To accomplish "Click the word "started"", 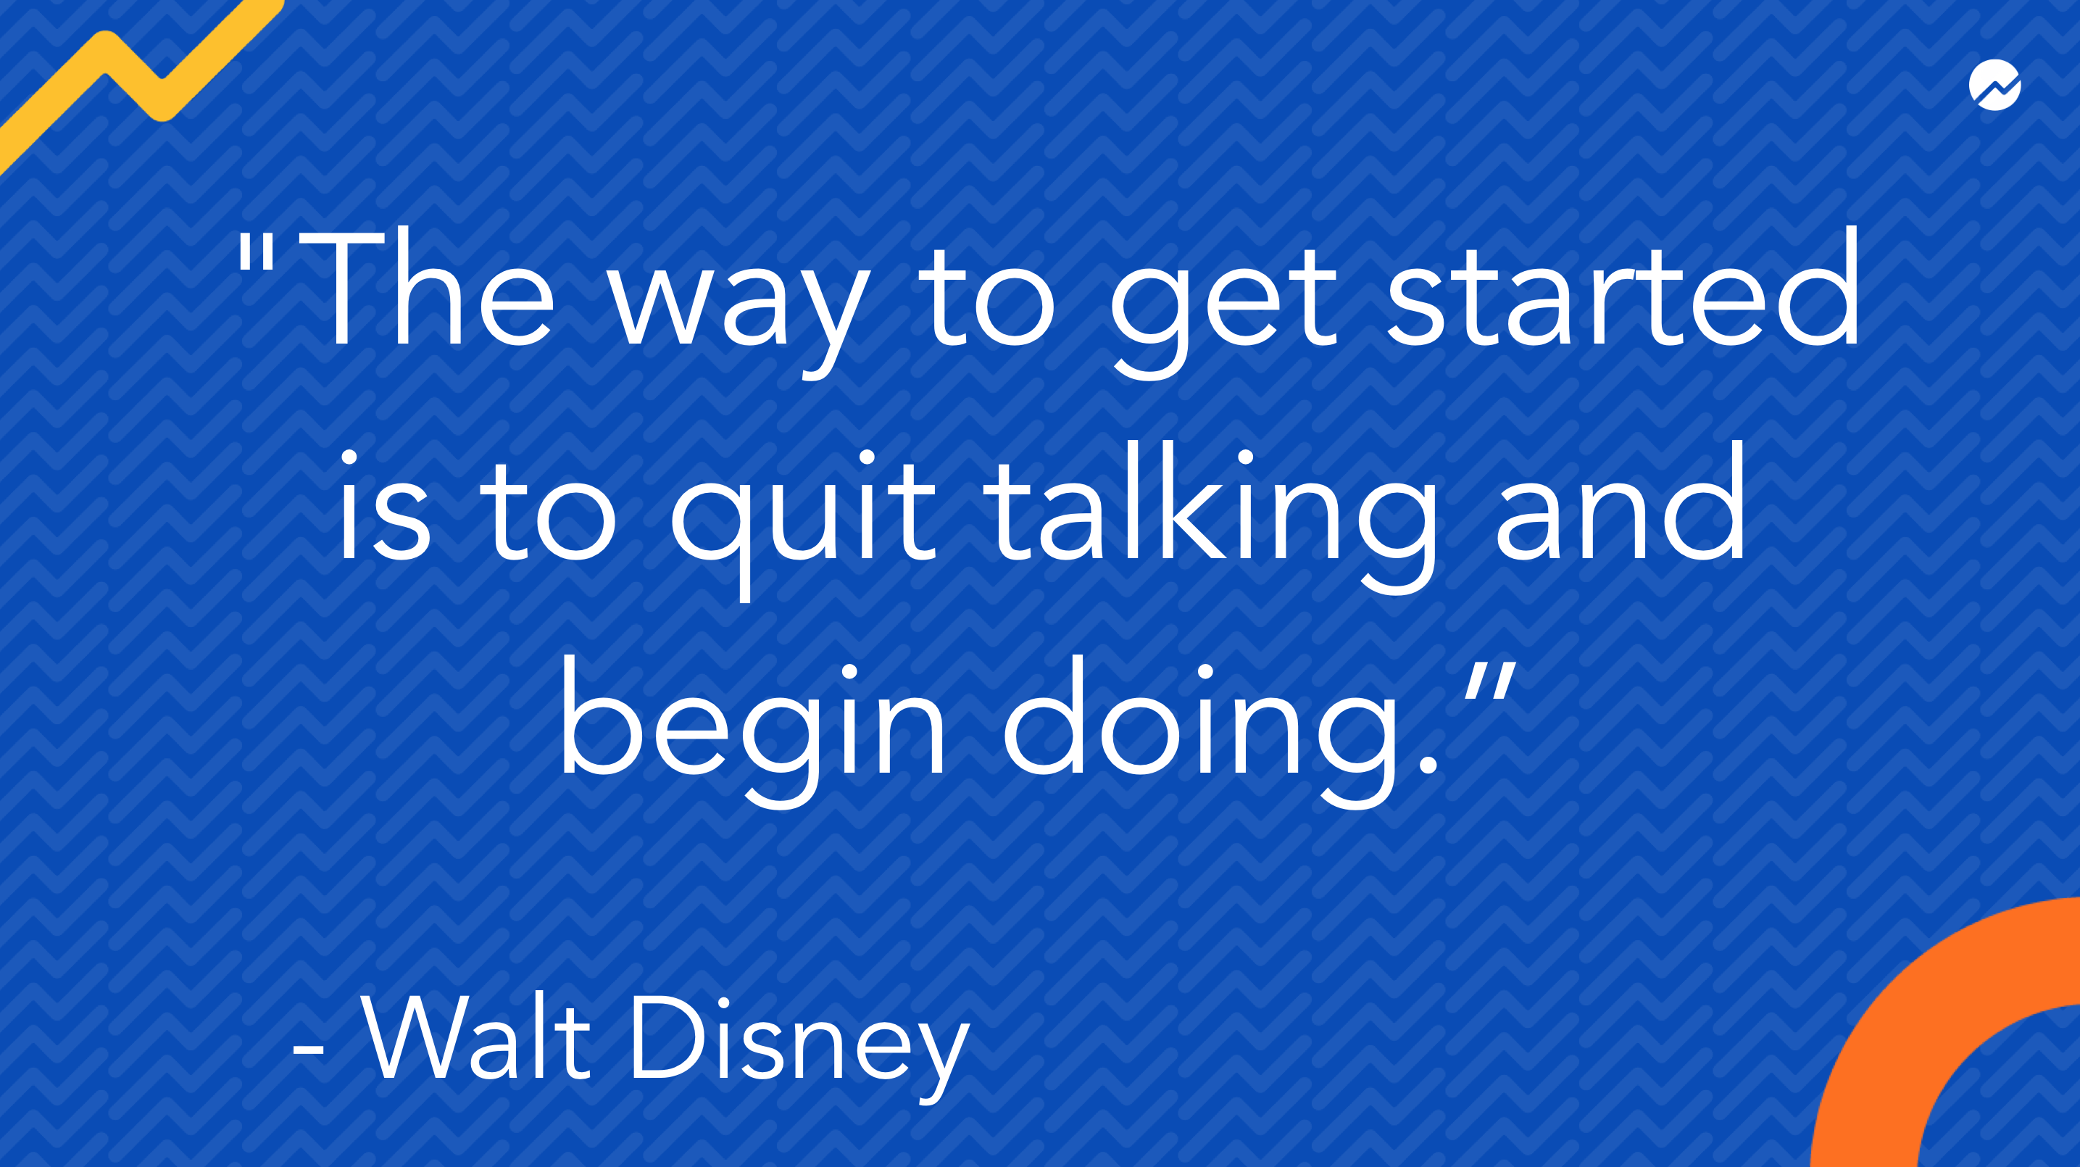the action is point(1623,288).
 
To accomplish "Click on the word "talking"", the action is point(1211,518).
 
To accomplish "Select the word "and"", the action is point(1619,501).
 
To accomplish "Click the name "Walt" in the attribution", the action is point(476,1037).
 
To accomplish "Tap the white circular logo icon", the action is point(1994,84).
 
